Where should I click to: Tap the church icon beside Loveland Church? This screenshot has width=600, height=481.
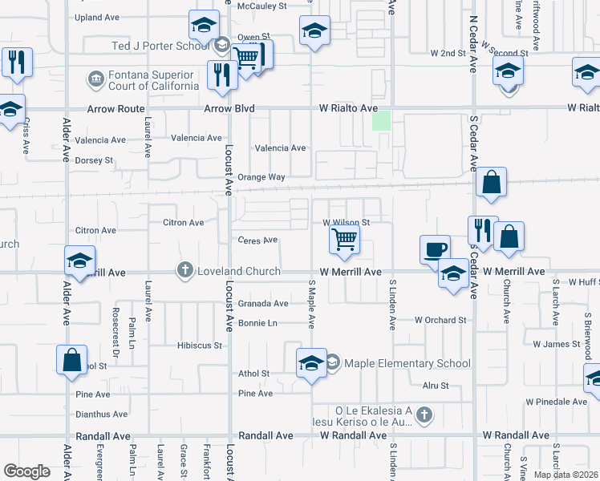pyautogui.click(x=185, y=270)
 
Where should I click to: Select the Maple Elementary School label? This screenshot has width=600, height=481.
pyautogui.click(x=407, y=363)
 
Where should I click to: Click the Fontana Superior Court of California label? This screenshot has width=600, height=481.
pyautogui.click(x=153, y=80)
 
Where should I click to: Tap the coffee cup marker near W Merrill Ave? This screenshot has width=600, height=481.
pyautogui.click(x=435, y=249)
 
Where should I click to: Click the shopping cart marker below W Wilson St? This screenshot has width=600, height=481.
pyautogui.click(x=344, y=239)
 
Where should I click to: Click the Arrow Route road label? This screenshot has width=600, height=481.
pyautogui.click(x=119, y=108)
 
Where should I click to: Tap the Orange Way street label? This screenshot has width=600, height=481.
pyautogui.click(x=266, y=177)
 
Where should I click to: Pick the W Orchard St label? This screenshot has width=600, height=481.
pyautogui.click(x=440, y=320)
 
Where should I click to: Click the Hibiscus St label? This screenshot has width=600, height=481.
pyautogui.click(x=199, y=346)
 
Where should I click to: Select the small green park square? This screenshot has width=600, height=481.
pyautogui.click(x=381, y=122)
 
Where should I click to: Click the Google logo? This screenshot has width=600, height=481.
pyautogui.click(x=26, y=471)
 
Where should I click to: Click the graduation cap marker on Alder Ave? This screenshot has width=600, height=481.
pyautogui.click(x=80, y=261)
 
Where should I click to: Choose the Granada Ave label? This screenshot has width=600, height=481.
pyautogui.click(x=263, y=304)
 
